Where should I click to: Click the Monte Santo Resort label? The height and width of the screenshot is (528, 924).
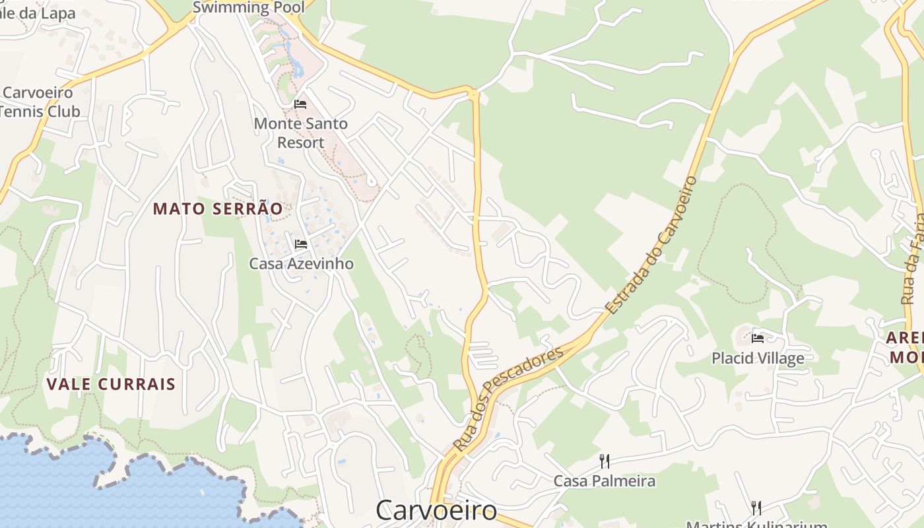(300, 133)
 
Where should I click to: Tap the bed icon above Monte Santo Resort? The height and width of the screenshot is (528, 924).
(300, 104)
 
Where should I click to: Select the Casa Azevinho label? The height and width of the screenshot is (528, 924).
(301, 264)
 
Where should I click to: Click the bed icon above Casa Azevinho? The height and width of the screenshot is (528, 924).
(301, 244)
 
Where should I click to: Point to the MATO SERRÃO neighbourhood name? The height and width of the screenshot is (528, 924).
(218, 209)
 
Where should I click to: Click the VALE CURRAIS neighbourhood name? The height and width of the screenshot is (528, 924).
(111, 384)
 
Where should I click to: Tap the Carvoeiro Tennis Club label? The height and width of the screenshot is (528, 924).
(40, 102)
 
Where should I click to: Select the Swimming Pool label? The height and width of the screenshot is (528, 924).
(248, 7)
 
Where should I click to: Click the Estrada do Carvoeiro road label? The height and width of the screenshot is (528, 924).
(651, 244)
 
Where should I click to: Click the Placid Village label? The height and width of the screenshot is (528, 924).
(758, 358)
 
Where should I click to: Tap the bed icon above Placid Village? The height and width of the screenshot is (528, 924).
(758, 339)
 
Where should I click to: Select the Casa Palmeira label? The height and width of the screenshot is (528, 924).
(604, 480)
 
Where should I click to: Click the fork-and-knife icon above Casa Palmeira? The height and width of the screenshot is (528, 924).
(604, 461)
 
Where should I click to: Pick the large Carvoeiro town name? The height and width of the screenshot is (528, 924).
(436, 510)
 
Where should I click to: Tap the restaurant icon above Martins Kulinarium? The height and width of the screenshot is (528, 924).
(756, 508)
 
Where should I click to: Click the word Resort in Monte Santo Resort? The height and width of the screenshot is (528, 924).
(300, 143)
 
